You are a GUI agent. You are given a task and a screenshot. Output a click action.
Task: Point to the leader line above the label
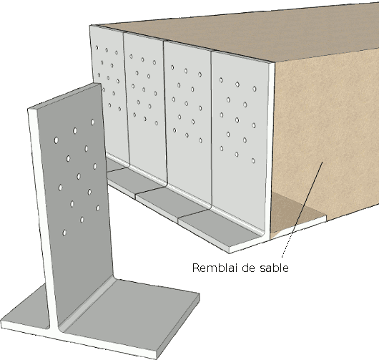click(x=300, y=215)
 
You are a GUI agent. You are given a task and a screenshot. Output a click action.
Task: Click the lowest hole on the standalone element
click(x=65, y=232)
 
